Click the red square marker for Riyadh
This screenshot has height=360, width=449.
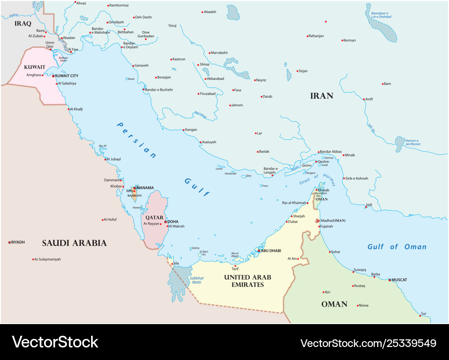(9, 242)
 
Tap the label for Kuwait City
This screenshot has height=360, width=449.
(66, 76)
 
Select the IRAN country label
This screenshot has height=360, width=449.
(322, 96)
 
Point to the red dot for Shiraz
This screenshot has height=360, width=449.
(197, 65)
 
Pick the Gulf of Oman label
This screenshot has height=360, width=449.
(397, 246)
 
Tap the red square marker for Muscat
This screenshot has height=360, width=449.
(390, 280)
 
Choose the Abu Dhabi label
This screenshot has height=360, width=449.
(271, 250)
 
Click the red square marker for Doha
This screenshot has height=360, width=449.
(166, 222)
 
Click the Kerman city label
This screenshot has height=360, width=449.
(349, 40)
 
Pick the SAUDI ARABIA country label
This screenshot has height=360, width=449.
(74, 243)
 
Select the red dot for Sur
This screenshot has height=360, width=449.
(420, 316)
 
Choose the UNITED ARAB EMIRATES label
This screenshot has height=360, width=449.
(247, 281)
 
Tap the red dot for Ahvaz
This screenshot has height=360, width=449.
(75, 3)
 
